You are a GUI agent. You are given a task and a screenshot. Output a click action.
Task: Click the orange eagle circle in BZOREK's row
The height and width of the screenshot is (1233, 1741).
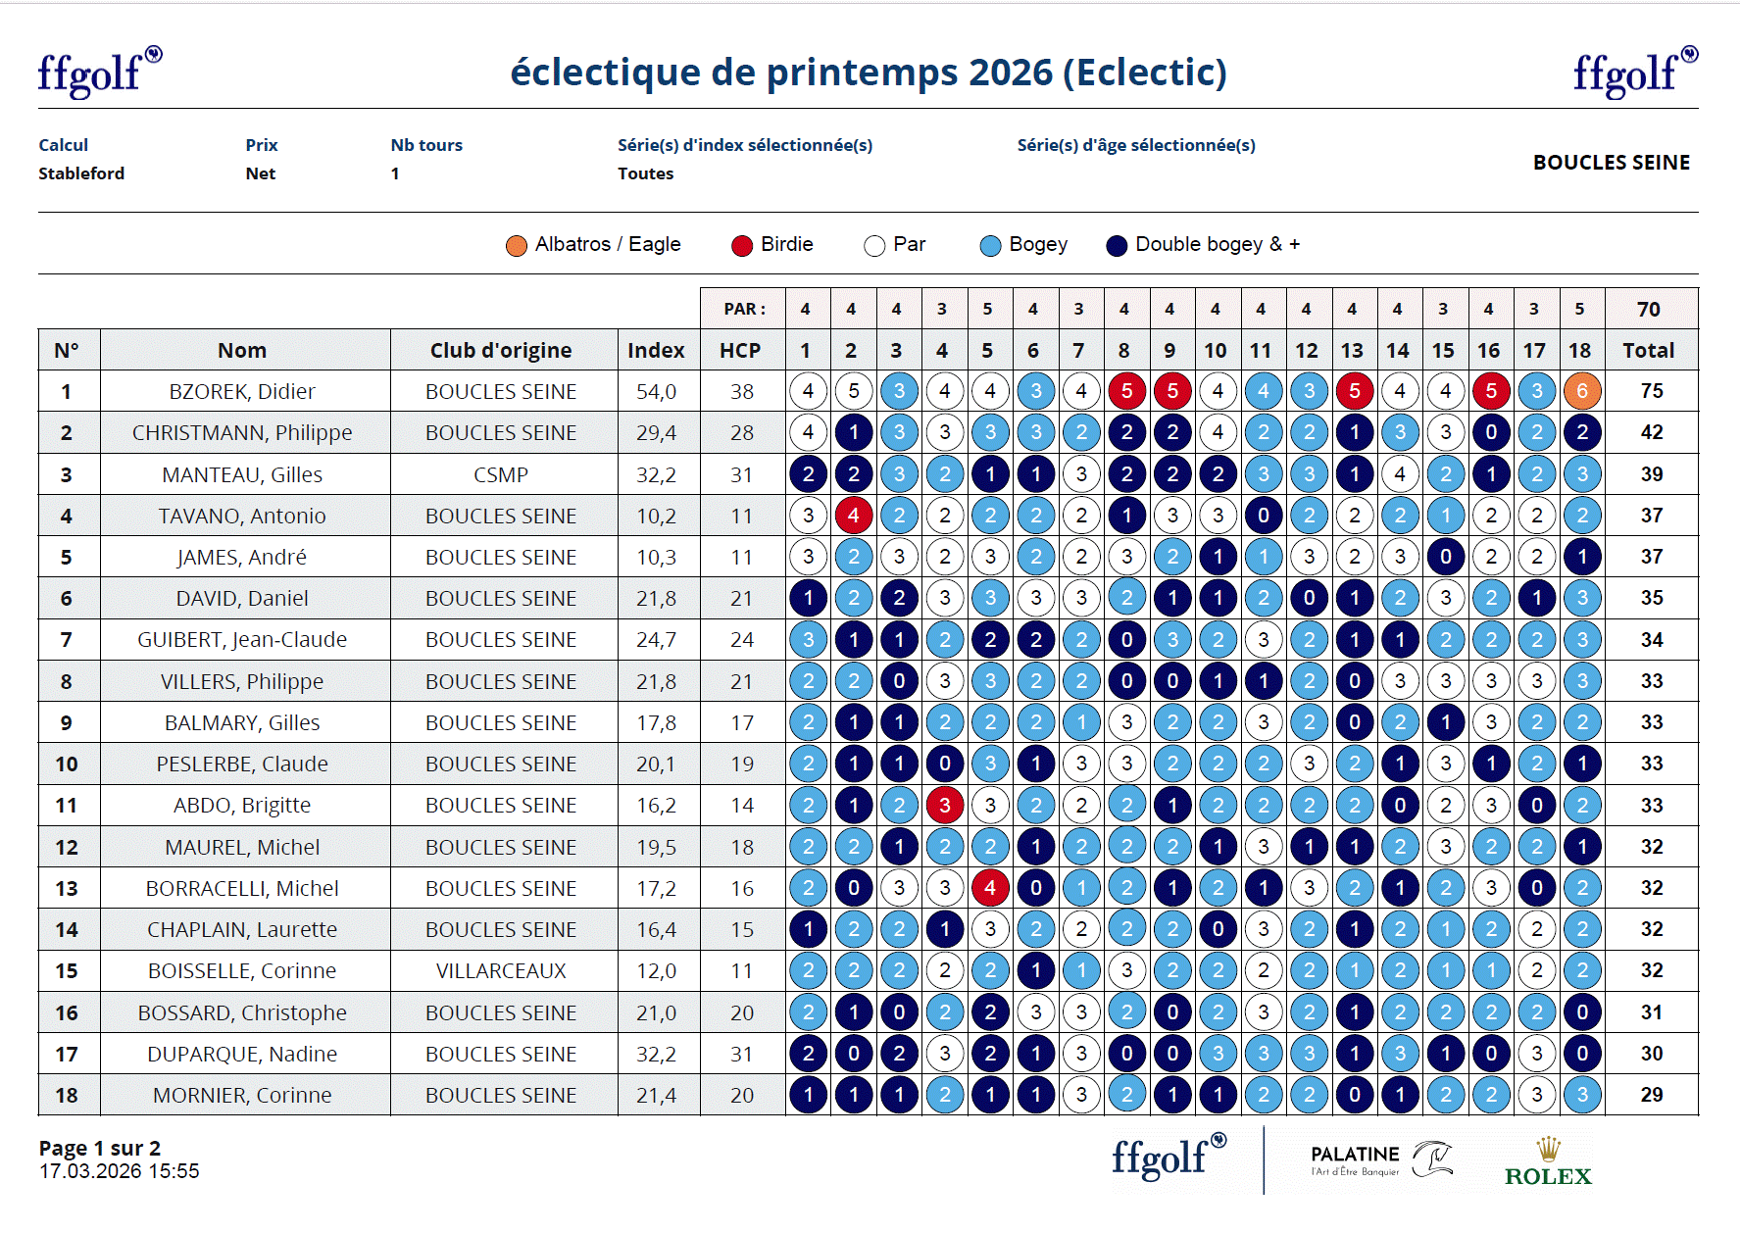pyautogui.click(x=1581, y=391)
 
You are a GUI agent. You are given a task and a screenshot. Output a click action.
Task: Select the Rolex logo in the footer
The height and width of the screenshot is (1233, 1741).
pyautogui.click(x=1548, y=1163)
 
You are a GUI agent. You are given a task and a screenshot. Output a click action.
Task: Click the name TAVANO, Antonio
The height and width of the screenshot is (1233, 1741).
pyautogui.click(x=242, y=516)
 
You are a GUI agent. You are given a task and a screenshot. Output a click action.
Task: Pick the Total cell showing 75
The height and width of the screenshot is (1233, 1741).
pyautogui.click(x=1651, y=391)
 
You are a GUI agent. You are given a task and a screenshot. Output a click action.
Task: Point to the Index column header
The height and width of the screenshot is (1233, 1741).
pyautogui.click(x=656, y=350)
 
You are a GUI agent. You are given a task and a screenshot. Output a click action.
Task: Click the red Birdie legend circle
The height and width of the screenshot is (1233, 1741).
pyautogui.click(x=742, y=245)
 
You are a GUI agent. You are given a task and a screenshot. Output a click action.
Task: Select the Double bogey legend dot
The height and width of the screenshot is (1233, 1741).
pyautogui.click(x=1117, y=245)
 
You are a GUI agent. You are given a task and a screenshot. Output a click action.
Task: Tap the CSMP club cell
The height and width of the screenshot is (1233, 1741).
pyautogui.click(x=501, y=474)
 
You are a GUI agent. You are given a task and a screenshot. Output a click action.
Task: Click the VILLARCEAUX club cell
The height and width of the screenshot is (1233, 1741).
pyautogui.click(x=501, y=970)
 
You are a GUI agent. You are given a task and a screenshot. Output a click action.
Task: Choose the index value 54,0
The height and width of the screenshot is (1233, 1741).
pyautogui.click(x=656, y=391)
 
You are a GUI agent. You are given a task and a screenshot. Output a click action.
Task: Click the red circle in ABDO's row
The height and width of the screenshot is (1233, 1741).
pyautogui.click(x=944, y=805)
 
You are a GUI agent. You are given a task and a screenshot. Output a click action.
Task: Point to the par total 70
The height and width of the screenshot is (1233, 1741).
pyautogui.click(x=1648, y=309)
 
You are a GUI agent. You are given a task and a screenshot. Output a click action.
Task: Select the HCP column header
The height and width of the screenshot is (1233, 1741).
pyautogui.click(x=740, y=350)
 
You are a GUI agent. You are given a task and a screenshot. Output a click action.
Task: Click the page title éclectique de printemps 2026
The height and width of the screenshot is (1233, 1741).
pyautogui.click(x=869, y=72)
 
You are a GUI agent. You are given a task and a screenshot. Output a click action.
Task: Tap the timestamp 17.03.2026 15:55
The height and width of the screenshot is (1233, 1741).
pyautogui.click(x=119, y=1171)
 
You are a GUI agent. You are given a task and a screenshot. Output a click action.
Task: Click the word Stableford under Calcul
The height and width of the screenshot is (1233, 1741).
pyautogui.click(x=81, y=173)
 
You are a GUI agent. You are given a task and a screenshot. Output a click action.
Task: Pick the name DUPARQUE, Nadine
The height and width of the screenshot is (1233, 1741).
pyautogui.click(x=242, y=1054)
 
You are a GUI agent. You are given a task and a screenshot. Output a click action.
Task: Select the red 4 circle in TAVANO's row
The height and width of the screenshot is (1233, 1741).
pyautogui.click(x=853, y=516)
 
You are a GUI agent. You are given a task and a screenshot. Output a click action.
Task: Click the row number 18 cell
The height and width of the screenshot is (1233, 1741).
pyautogui.click(x=67, y=1095)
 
